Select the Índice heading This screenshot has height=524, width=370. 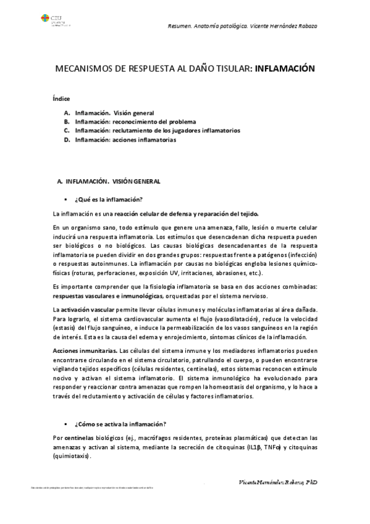(x=61, y=99)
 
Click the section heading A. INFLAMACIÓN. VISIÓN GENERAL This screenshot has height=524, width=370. (x=108, y=182)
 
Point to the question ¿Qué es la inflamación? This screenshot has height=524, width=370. (x=108, y=199)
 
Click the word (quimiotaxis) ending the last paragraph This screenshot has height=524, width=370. (x=72, y=457)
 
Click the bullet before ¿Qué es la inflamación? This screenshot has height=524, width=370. (x=65, y=199)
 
